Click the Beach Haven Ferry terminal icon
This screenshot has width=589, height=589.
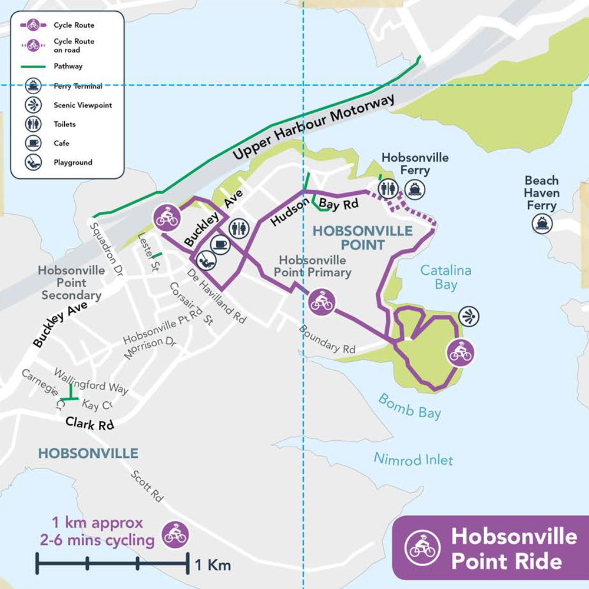point(541,224)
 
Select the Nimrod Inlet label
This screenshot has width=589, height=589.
point(414,458)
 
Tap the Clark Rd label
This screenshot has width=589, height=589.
point(89,423)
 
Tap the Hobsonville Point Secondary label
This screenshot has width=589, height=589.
point(72,283)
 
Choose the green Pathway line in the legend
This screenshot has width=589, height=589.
point(34,66)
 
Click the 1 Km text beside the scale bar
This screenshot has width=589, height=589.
point(213,565)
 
